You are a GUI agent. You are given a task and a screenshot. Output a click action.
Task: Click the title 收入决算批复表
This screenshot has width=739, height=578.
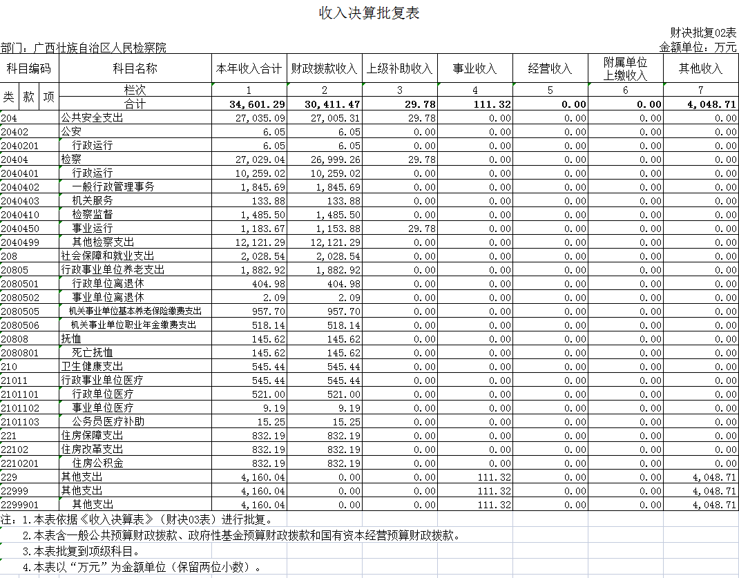tap(369, 13)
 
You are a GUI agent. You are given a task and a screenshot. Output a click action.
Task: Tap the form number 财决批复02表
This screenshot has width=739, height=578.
tap(703, 32)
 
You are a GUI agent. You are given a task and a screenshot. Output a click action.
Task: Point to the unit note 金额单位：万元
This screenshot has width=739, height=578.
tap(698, 47)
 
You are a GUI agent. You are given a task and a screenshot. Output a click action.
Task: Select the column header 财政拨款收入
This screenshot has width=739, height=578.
tap(324, 69)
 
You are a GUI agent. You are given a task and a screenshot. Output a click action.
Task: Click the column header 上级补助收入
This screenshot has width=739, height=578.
tap(399, 69)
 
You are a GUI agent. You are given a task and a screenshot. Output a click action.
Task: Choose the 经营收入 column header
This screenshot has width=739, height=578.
tap(550, 69)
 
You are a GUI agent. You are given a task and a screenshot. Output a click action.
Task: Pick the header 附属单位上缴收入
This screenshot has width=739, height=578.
tap(625, 69)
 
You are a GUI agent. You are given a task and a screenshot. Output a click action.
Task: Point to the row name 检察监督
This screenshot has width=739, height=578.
tap(93, 215)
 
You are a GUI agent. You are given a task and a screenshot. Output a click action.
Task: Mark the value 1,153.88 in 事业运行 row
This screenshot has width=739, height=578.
tap(336, 229)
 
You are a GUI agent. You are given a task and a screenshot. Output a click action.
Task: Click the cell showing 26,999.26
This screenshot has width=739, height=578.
tap(336, 160)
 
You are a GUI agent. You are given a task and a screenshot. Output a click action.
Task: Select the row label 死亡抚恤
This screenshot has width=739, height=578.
tap(93, 353)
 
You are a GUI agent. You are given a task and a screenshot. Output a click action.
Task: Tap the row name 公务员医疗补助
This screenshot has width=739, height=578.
tap(108, 422)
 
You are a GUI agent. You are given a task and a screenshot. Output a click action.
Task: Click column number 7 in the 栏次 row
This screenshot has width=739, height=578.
tap(700, 90)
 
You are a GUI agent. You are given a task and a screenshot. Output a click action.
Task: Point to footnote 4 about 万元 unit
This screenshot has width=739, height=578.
tap(142, 568)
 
